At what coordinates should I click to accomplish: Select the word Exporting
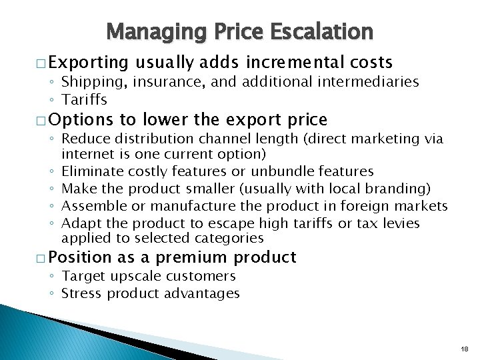coord(88,63)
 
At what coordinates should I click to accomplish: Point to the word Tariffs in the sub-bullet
coord(84,99)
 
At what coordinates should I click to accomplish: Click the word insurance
coord(142,82)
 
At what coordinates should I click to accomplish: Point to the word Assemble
coord(91,206)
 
